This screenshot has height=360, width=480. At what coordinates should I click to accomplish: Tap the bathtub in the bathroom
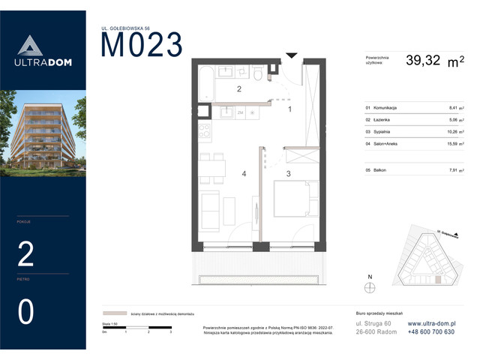coord(204,83)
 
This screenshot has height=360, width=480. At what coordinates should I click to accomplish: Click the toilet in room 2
coord(257,73)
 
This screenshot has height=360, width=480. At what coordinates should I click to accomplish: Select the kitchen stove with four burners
coord(203,135)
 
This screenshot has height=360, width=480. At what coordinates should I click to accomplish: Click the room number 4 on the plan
coord(244,175)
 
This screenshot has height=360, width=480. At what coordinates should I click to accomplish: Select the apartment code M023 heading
coord(141,46)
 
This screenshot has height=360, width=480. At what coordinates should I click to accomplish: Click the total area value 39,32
coord(424,61)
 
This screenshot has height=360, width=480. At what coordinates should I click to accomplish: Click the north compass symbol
coord(368,286)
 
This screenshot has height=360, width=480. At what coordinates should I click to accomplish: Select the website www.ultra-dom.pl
coord(430,323)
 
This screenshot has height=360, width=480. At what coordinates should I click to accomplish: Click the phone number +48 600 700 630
coord(431,331)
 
